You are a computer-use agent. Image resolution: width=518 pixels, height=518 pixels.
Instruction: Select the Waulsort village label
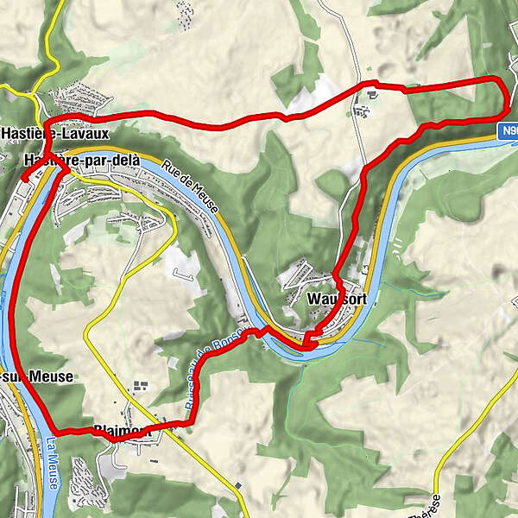pyautogui.click(x=337, y=299)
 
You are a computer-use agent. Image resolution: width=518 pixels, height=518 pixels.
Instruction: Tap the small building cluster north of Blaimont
pyautogui.click(x=139, y=386)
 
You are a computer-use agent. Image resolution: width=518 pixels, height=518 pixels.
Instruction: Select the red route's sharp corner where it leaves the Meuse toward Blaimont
pyautogui.click(x=57, y=430)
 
